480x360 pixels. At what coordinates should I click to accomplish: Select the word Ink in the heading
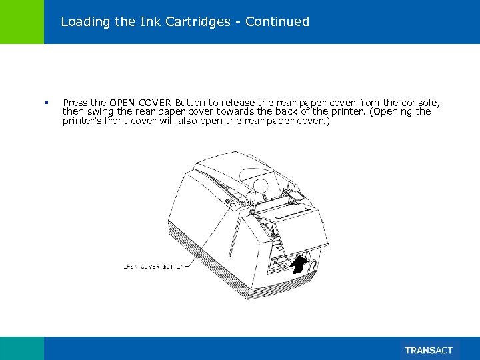pos(148,22)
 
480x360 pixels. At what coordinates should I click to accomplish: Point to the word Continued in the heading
pos(277,22)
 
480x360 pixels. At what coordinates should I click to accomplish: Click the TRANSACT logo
pos(429,350)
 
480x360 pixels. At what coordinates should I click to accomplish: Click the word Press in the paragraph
pos(75,103)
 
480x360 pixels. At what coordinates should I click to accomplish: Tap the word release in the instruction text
pos(241,103)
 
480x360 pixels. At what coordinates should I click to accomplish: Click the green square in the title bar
pos(22,22)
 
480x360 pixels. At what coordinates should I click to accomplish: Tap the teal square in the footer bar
pos(22,348)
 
